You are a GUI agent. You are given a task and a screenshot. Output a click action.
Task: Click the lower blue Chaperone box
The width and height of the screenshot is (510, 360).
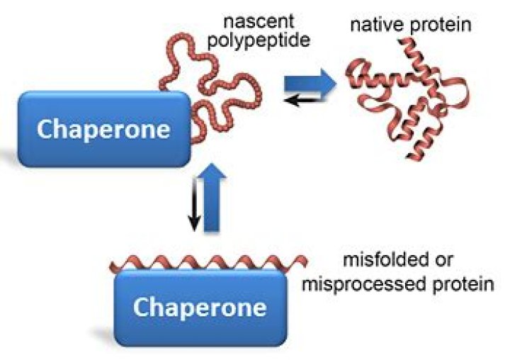coord(199,306)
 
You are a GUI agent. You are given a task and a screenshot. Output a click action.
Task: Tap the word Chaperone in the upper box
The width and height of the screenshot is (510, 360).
coord(103,130)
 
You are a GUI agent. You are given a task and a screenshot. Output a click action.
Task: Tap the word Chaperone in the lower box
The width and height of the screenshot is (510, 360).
coord(200,308)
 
